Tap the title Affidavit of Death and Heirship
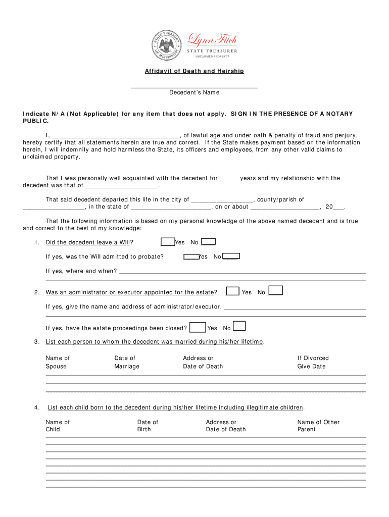click(x=194, y=71)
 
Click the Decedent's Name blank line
click(x=194, y=87)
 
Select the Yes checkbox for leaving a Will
click(x=168, y=242)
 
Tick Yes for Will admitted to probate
click(x=191, y=256)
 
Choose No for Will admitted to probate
click(x=231, y=256)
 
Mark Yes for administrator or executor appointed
click(x=232, y=291)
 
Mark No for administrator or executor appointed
click(x=275, y=290)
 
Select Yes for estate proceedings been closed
click(x=198, y=327)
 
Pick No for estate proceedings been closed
click(x=239, y=326)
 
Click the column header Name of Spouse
click(x=58, y=362)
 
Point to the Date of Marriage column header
click(x=126, y=362)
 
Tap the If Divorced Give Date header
click(x=312, y=362)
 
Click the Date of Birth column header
click(x=148, y=426)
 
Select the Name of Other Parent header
click(x=318, y=426)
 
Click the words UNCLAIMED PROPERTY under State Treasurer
click(x=213, y=57)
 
